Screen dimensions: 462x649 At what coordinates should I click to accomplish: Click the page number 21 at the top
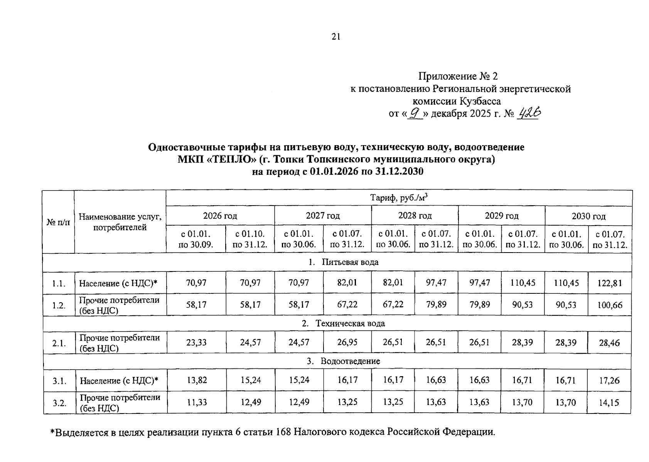(x=335, y=37)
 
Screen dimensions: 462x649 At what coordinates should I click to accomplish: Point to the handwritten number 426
(x=530, y=113)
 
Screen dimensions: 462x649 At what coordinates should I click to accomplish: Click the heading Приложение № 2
(x=460, y=76)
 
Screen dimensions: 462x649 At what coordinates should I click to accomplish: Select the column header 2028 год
(x=415, y=216)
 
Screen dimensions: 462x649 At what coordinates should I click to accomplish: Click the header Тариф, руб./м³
(x=399, y=198)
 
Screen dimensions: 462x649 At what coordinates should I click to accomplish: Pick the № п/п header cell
(x=58, y=222)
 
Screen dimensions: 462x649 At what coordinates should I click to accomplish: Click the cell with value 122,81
(x=609, y=283)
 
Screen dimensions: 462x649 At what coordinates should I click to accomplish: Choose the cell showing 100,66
(x=609, y=305)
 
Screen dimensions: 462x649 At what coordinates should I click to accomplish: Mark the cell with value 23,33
(x=196, y=342)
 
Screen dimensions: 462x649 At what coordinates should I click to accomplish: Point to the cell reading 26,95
(x=347, y=342)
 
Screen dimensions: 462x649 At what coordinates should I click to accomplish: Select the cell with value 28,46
(x=609, y=342)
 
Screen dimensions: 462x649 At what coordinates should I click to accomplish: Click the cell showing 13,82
(x=196, y=380)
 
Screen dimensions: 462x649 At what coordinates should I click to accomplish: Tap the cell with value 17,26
(x=609, y=380)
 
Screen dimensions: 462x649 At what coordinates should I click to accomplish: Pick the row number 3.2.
(x=59, y=403)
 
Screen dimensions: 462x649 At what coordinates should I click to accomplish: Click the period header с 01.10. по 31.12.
(x=250, y=239)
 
